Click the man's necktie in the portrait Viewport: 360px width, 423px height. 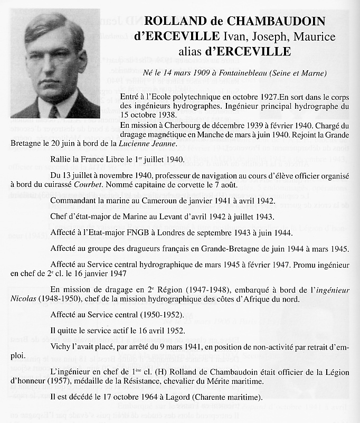(x=53, y=111)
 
